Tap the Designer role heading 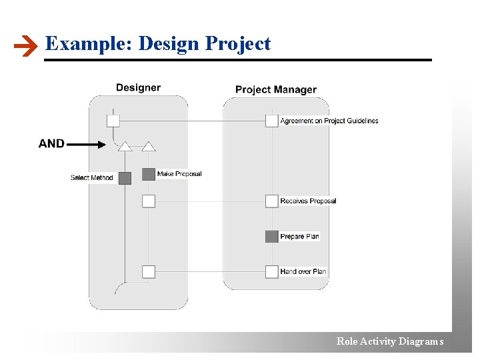click(138, 87)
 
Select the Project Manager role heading click(276, 89)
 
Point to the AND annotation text click(51, 143)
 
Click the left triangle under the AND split click(125, 146)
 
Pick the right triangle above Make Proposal click(149, 146)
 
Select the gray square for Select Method click(125, 178)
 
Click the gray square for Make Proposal click(149, 175)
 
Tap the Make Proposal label click(179, 174)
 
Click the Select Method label click(92, 178)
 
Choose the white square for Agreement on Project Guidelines click(271, 121)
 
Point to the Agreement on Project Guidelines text click(329, 121)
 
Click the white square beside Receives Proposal click(271, 201)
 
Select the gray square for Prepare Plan click(271, 236)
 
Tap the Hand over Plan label click(303, 271)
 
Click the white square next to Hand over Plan click(271, 271)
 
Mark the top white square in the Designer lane click(113, 121)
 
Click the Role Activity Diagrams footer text click(390, 341)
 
